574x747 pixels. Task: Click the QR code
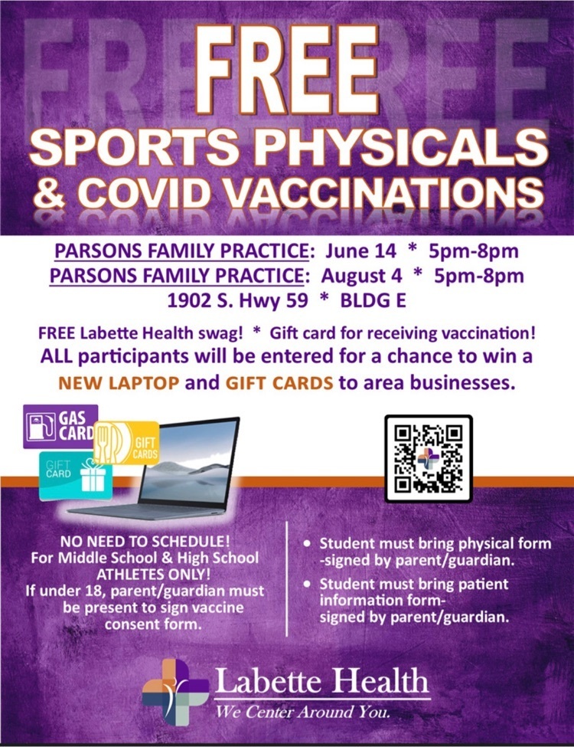coord(429,459)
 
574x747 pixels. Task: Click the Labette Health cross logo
coord(175,692)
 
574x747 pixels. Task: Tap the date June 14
coord(360,251)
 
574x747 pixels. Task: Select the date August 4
coord(361,276)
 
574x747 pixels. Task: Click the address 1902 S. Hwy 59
coord(237,300)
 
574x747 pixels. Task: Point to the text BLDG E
coord(373,300)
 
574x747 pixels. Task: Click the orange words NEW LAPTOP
coord(119,382)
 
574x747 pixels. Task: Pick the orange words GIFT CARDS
coord(279,382)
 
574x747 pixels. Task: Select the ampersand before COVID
coord(50,193)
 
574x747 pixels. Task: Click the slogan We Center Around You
coord(303,713)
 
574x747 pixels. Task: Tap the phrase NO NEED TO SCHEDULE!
coord(145,541)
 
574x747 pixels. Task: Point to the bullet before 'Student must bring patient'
coord(308,584)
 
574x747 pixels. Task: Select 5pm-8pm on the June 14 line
coord(474,251)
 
